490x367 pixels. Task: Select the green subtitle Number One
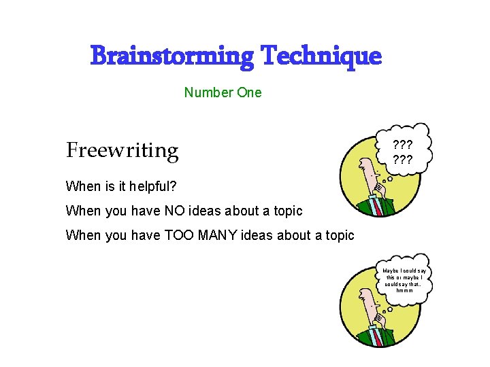click(223, 92)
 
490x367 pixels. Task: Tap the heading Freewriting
click(122, 150)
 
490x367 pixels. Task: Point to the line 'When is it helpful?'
click(121, 186)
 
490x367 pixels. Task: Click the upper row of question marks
click(404, 145)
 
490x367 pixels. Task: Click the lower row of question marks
click(404, 161)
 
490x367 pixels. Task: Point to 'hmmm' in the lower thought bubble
click(404, 290)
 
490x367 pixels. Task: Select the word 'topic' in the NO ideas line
click(286, 211)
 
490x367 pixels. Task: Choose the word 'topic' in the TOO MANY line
click(338, 235)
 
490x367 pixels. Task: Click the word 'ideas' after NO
click(208, 211)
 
